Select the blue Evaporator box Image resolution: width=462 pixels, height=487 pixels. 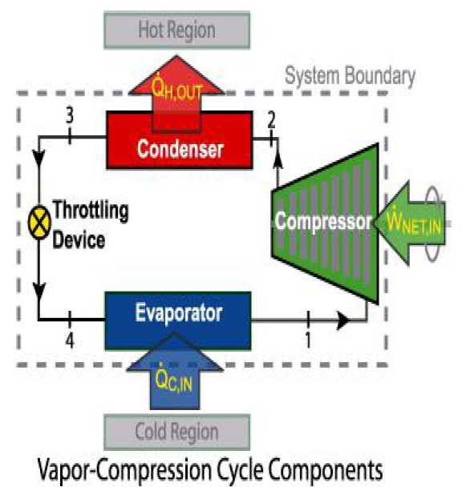[x=178, y=313]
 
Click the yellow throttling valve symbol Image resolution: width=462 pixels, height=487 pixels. [x=39, y=217]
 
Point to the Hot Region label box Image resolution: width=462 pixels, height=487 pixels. [x=177, y=30]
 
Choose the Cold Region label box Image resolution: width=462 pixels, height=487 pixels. [x=177, y=432]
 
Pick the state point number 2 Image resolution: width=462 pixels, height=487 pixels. [x=272, y=120]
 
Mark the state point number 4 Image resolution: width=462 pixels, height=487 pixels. [x=71, y=340]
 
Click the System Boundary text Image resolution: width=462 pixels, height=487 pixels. [x=351, y=77]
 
